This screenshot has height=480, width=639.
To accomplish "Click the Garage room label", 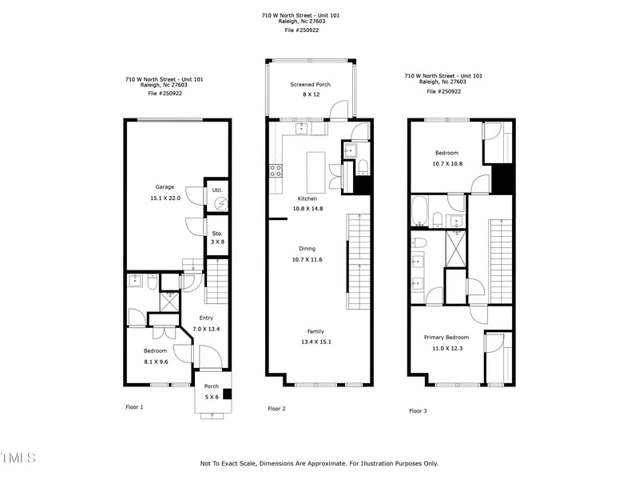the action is click(x=165, y=187).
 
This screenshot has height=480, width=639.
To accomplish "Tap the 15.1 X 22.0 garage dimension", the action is click(x=165, y=198).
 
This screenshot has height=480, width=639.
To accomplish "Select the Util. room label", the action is click(x=217, y=190).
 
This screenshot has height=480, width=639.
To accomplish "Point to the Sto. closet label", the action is click(x=217, y=234).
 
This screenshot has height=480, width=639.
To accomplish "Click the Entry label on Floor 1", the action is click(x=206, y=318).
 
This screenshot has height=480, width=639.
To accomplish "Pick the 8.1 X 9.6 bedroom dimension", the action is click(x=156, y=362).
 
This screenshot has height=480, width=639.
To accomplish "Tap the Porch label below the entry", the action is click(x=212, y=386).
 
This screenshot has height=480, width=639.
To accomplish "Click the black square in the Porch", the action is click(x=228, y=394).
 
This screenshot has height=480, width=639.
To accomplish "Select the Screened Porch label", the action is click(x=310, y=85).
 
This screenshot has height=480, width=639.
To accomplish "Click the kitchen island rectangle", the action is click(x=316, y=173).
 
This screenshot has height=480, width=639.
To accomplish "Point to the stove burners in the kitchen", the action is click(x=276, y=170).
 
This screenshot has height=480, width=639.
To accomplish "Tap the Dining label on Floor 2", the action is click(x=308, y=249).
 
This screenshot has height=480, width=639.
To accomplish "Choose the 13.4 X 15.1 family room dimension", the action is click(x=316, y=342).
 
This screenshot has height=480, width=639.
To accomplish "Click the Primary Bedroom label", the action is click(x=447, y=337).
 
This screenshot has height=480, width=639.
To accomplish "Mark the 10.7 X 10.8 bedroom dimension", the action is click(x=447, y=164).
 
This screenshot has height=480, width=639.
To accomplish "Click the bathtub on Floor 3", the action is click(x=419, y=211).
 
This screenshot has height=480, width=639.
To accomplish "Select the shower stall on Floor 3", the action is click(x=455, y=249).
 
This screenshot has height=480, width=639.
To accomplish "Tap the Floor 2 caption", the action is click(x=276, y=409).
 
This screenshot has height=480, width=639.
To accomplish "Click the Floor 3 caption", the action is click(x=418, y=411).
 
